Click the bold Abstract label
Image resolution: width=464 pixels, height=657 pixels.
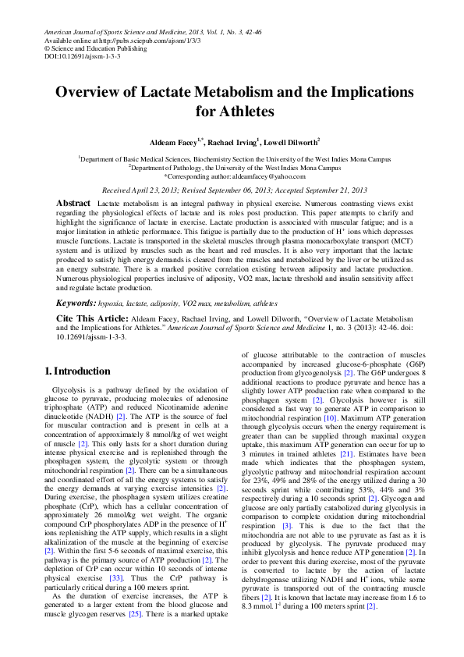(x=73, y=203)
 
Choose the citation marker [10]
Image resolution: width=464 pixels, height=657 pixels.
(x=331, y=418)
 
